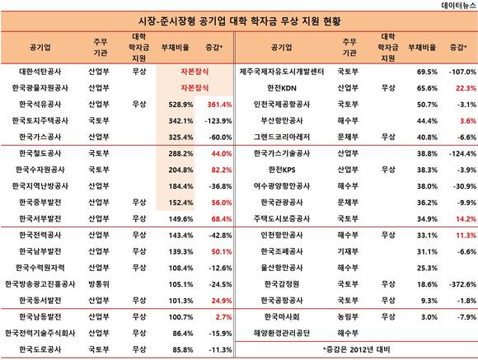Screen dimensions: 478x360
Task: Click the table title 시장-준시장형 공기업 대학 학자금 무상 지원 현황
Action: click(239, 21)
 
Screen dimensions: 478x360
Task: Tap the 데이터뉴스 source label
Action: click(459, 6)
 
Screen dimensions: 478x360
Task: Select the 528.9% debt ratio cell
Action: click(180, 105)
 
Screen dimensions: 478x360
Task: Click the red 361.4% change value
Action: click(219, 105)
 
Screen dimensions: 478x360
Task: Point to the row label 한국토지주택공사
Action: click(40, 121)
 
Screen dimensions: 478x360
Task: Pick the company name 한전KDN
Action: click(282, 88)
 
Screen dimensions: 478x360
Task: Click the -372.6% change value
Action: click(462, 284)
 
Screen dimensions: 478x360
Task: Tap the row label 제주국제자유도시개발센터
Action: click(282, 72)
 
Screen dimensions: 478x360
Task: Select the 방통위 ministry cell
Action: click(98, 284)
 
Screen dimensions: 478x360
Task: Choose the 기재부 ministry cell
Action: click(348, 251)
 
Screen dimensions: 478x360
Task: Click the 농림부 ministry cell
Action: click(348, 316)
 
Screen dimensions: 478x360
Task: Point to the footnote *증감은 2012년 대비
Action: click(356, 349)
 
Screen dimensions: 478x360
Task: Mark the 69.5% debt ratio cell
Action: click(427, 72)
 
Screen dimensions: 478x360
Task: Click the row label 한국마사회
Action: click(282, 316)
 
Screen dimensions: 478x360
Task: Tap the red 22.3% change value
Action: click(466, 88)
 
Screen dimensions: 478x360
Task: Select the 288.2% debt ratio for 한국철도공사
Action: click(180, 153)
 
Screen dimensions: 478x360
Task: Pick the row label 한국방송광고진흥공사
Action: click(40, 284)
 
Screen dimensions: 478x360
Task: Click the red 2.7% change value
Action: click(223, 317)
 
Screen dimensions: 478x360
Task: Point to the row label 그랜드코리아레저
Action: click(282, 138)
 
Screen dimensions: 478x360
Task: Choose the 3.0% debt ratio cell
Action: click(429, 317)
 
